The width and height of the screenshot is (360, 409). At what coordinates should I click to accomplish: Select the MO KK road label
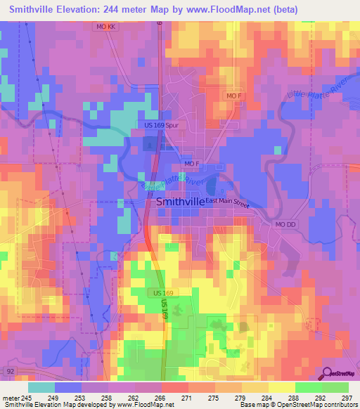click(105, 27)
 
